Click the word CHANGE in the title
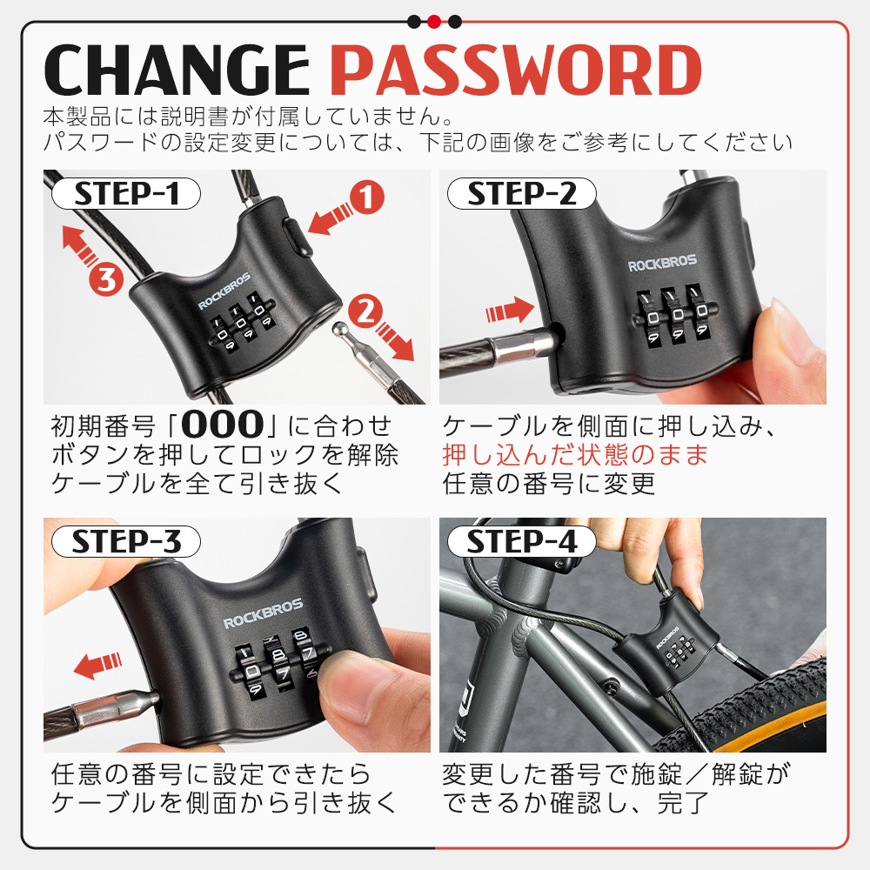(x=177, y=70)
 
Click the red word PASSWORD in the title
(x=516, y=70)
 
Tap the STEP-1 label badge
(x=126, y=194)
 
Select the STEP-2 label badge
(x=521, y=194)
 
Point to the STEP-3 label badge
(x=126, y=541)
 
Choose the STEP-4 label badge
(x=521, y=541)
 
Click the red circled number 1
(x=367, y=197)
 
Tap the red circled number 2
(x=365, y=311)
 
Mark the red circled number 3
(x=106, y=279)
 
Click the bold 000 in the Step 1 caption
(x=223, y=425)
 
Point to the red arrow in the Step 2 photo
(x=509, y=311)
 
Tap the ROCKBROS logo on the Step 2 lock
(x=662, y=263)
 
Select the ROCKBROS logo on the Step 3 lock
(x=263, y=613)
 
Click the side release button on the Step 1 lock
(x=297, y=237)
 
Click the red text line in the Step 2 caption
(x=576, y=455)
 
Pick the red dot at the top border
(x=434, y=22)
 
